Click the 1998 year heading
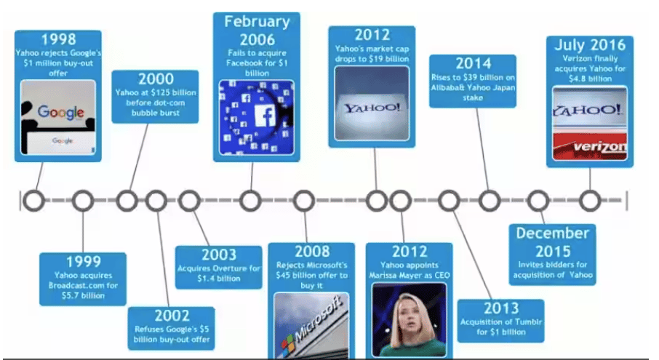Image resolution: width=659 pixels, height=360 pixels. click(x=58, y=39)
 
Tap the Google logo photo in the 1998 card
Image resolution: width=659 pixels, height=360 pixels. click(x=58, y=118)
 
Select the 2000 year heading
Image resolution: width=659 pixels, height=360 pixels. click(x=156, y=79)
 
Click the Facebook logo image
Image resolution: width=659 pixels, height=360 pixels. click(x=256, y=118)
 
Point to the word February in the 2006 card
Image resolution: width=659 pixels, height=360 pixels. click(x=257, y=21)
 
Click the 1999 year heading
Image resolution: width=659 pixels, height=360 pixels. click(x=83, y=262)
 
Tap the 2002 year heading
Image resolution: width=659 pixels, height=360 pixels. click(x=172, y=316)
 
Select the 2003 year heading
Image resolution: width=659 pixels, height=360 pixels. click(x=218, y=255)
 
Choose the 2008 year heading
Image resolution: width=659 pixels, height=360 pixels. click(x=312, y=251)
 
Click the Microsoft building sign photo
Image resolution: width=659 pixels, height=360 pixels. click(x=311, y=326)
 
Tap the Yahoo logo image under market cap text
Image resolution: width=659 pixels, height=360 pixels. click(x=372, y=103)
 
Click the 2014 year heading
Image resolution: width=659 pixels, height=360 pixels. click(x=474, y=63)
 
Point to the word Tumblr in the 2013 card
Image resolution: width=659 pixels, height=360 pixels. click(x=528, y=321)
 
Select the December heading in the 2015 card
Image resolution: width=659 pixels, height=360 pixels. click(x=552, y=233)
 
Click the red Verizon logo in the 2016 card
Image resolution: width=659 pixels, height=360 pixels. click(x=590, y=147)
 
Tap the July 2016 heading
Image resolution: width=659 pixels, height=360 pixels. click(x=590, y=45)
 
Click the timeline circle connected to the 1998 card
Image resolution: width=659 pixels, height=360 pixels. click(x=34, y=201)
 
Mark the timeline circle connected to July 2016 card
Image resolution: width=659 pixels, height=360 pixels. click(x=590, y=201)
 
